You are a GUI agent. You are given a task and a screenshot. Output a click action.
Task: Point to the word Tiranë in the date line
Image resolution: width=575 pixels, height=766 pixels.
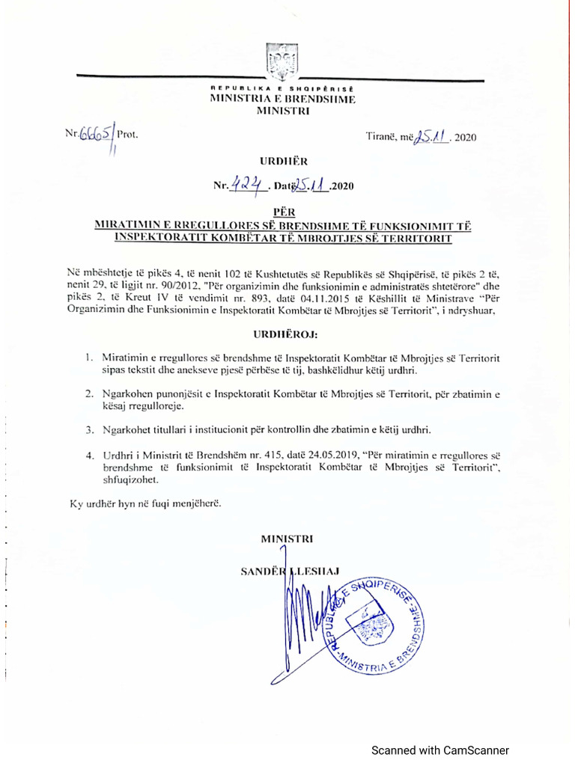pyautogui.click(x=381, y=137)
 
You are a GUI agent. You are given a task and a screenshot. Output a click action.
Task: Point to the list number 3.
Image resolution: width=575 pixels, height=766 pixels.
pyautogui.click(x=88, y=430)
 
